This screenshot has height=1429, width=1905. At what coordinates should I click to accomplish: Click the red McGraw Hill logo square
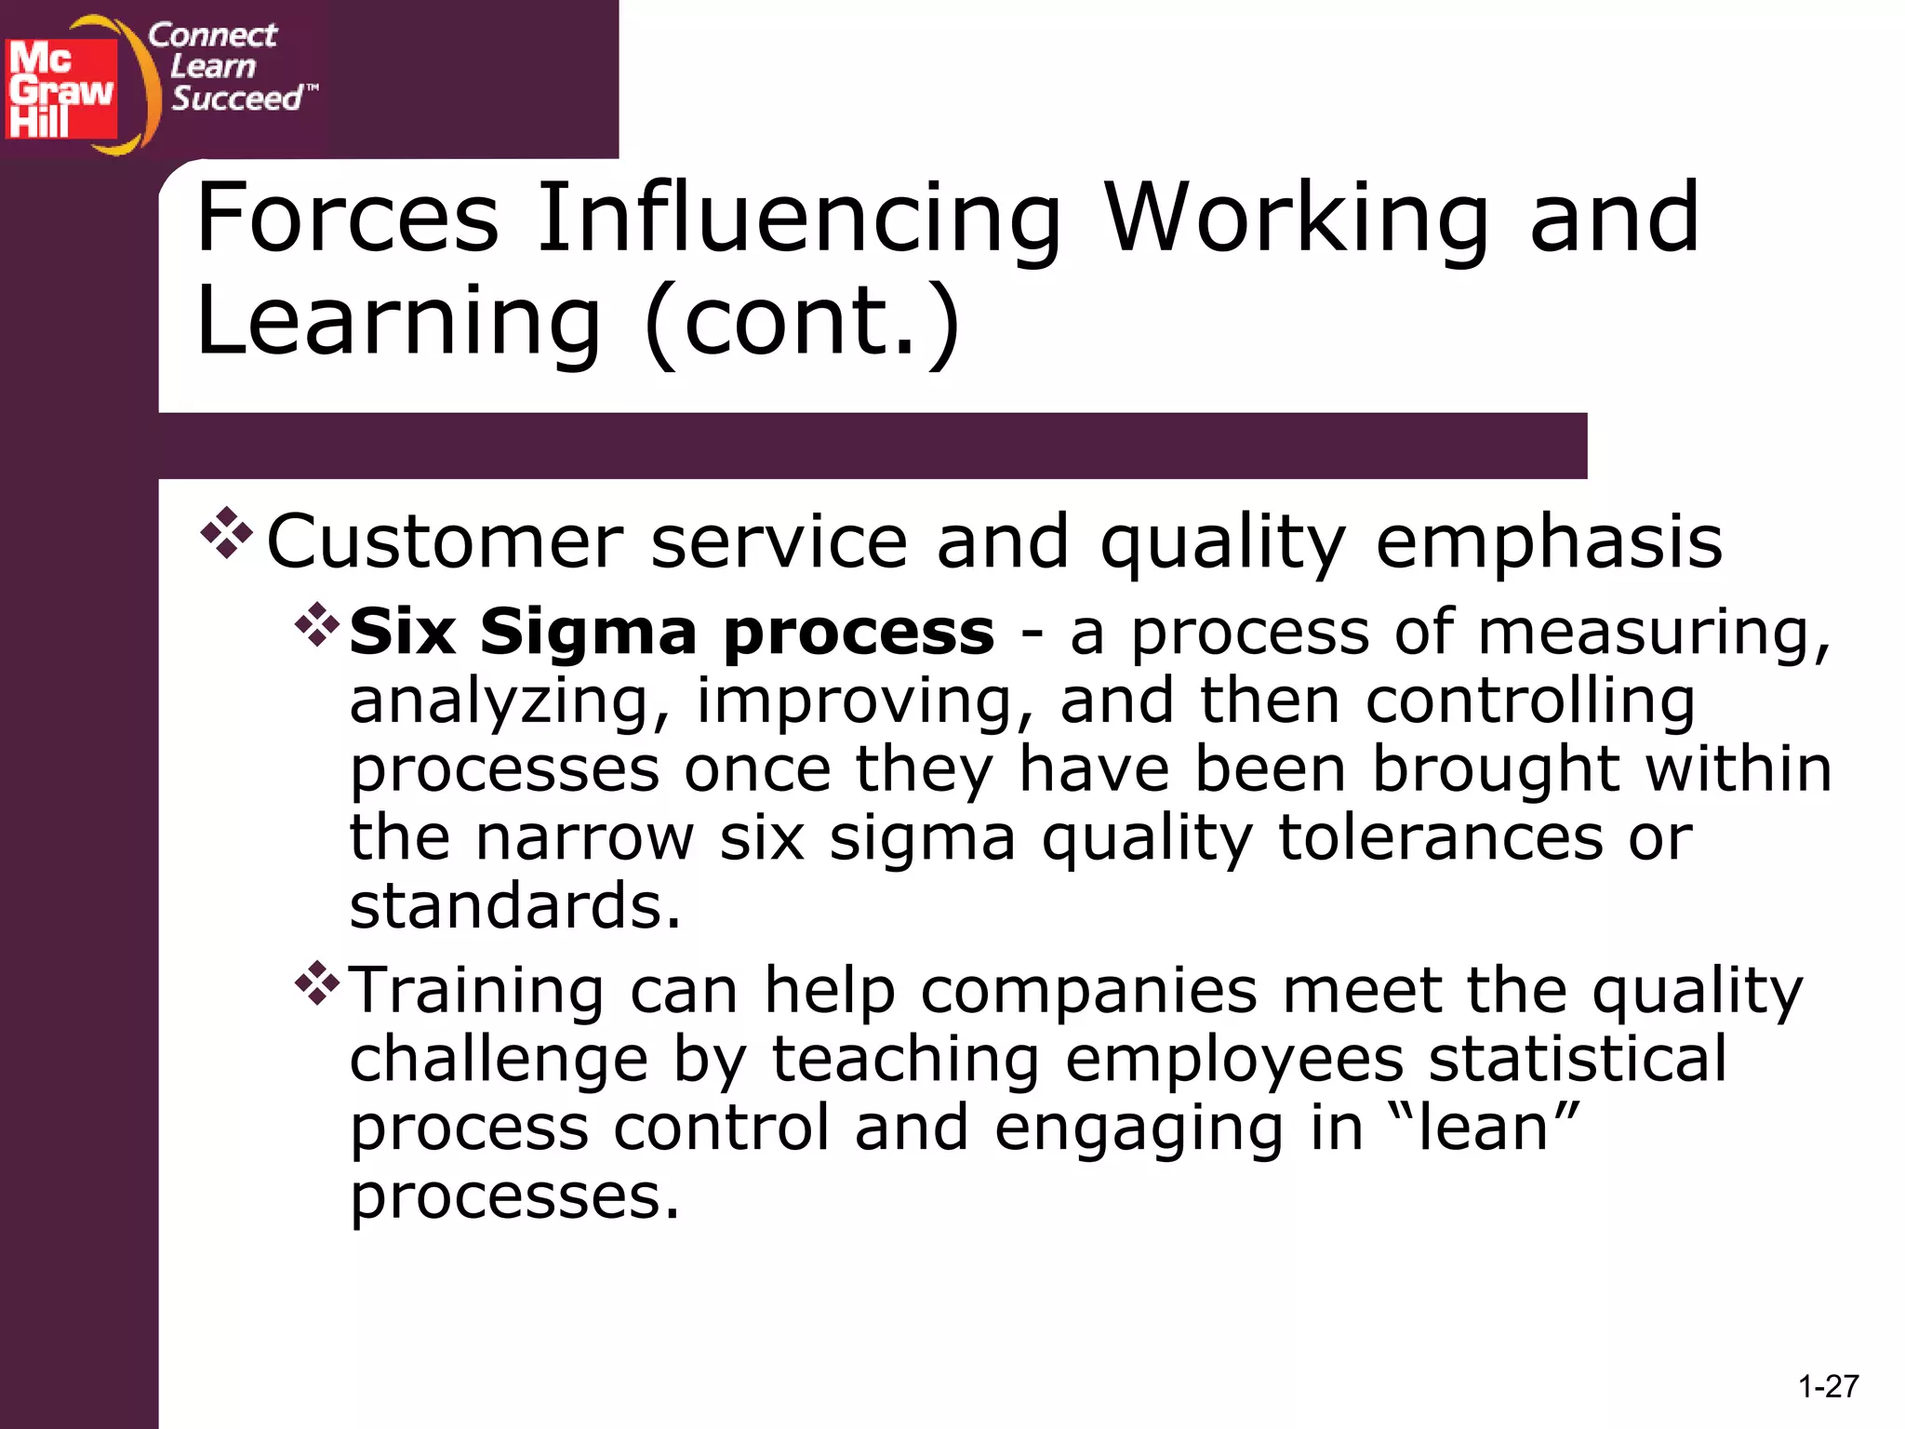pyautogui.click(x=61, y=88)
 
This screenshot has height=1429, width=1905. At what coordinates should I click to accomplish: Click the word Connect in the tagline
pyautogui.click(x=212, y=35)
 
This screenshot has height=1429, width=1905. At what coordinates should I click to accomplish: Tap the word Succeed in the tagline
pyautogui.click(x=237, y=98)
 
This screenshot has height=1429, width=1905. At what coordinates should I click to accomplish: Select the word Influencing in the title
pyautogui.click(x=799, y=220)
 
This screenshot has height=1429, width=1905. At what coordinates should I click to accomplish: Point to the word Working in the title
pyautogui.click(x=1298, y=220)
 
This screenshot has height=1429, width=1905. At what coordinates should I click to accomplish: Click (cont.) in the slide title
pyautogui.click(x=802, y=321)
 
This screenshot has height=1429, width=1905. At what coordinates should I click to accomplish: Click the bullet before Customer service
pyautogui.click(x=226, y=533)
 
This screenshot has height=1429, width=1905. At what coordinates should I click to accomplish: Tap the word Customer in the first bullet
pyautogui.click(x=446, y=541)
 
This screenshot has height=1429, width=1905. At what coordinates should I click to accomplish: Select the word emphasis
pyautogui.click(x=1549, y=543)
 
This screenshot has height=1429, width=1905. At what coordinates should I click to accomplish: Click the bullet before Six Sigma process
pyautogui.click(x=317, y=625)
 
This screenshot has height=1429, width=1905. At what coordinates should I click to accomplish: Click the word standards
pyautogui.click(x=515, y=906)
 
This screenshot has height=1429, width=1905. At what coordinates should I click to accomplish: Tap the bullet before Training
pyautogui.click(x=317, y=983)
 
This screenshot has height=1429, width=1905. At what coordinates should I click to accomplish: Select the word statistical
pyautogui.click(x=1578, y=1059)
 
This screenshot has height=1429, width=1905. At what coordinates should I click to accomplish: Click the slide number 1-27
pyautogui.click(x=1828, y=1387)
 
